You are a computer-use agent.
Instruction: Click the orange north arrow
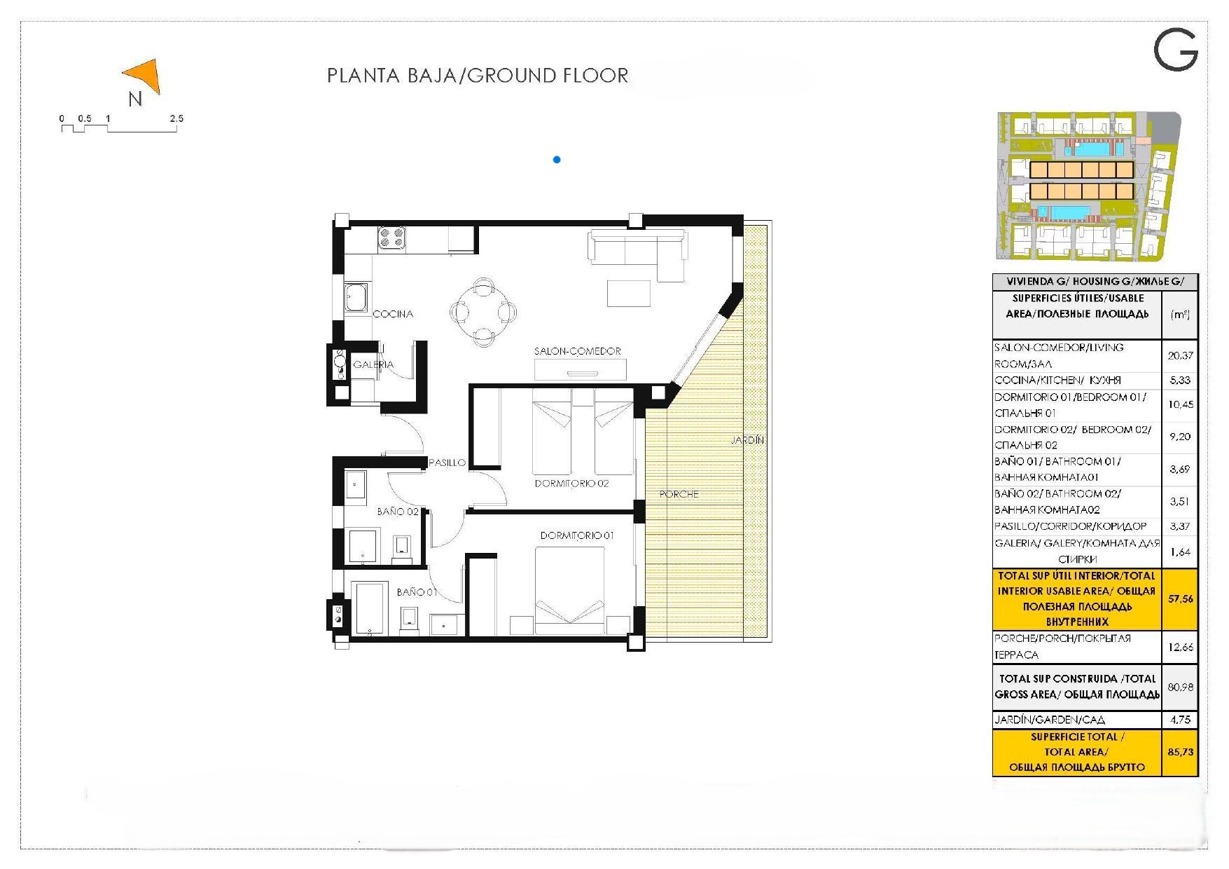(x=146, y=75)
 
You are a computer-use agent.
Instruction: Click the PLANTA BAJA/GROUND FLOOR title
(x=478, y=76)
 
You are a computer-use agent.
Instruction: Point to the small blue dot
(x=557, y=160)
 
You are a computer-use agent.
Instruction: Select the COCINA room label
(x=393, y=314)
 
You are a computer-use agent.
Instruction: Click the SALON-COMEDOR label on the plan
(x=577, y=351)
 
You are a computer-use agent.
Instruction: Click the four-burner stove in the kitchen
(x=391, y=238)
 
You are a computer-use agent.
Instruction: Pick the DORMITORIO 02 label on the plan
(x=571, y=484)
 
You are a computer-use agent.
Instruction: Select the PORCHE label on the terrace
(x=679, y=494)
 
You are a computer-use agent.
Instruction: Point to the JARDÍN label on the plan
(x=747, y=440)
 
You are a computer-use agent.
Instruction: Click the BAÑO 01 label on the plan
(x=417, y=592)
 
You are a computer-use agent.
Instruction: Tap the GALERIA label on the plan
(x=373, y=364)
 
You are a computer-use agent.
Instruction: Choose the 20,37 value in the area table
(x=1180, y=355)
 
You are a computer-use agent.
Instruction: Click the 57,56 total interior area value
(x=1180, y=599)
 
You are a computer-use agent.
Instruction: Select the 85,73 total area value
(x=1180, y=752)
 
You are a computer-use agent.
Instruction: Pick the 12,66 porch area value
(x=1180, y=647)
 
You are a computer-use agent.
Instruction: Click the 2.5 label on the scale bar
(x=176, y=118)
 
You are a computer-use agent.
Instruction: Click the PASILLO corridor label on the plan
(x=447, y=463)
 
